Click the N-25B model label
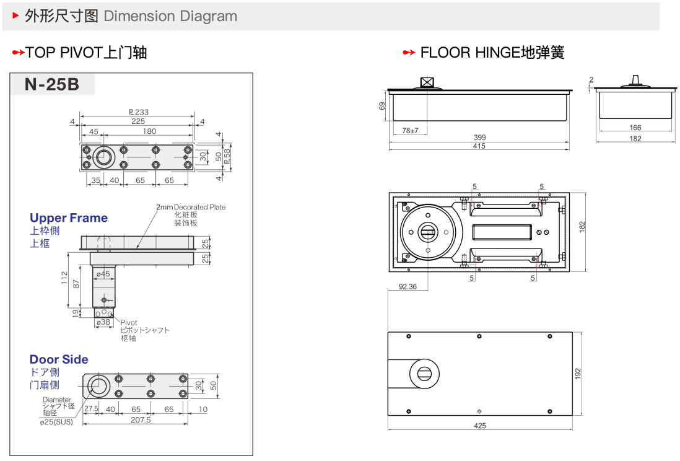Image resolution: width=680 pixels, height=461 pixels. point(52,84)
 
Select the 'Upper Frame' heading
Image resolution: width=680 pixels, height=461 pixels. point(69,218)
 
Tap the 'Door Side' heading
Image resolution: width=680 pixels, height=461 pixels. point(59,359)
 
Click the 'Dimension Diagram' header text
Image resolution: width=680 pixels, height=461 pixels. point(170,16)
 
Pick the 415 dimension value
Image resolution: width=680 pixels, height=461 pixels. point(479,146)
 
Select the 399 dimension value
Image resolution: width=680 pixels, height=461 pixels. point(479,138)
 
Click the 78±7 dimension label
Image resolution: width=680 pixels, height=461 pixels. point(409,131)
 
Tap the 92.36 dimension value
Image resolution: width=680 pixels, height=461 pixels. point(408,287)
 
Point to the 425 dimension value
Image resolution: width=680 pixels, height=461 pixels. point(480,426)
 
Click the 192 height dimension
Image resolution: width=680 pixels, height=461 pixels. point(578,374)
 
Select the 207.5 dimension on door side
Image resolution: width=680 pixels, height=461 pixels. point(141,420)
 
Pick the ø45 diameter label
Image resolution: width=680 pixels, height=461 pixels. point(103,273)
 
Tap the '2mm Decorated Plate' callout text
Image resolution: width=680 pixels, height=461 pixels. point(191,207)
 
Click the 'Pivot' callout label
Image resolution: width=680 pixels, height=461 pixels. point(129,323)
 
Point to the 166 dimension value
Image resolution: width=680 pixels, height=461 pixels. point(635,128)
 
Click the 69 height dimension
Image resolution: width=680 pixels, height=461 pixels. point(382,106)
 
